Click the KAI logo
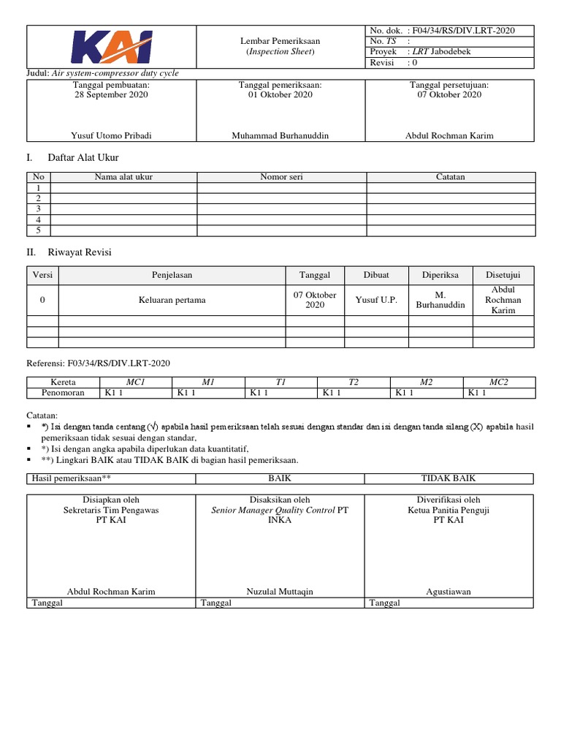[112, 46]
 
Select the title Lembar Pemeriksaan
[281, 41]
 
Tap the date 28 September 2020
[111, 94]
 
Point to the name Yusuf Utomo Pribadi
[112, 135]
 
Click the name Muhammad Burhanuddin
[280, 135]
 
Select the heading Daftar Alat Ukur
[83, 157]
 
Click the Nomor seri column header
[281, 177]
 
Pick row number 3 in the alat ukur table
[38, 208]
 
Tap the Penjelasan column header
[172, 275]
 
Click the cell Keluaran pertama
[172, 300]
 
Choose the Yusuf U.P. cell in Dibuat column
[376, 300]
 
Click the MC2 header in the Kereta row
[499, 382]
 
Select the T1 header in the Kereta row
[280, 382]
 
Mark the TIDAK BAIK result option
[449, 478]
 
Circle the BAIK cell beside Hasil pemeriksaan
[280, 478]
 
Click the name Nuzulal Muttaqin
[280, 591]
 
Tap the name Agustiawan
[449, 591]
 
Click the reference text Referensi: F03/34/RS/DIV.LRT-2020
[99, 363]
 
